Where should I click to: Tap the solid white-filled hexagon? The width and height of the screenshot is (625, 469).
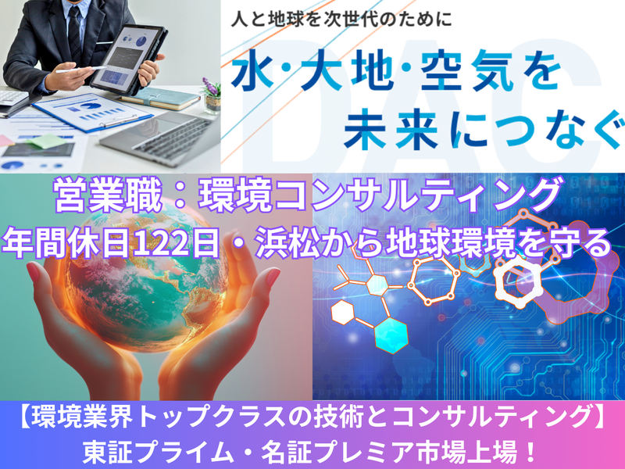pos(345,313)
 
